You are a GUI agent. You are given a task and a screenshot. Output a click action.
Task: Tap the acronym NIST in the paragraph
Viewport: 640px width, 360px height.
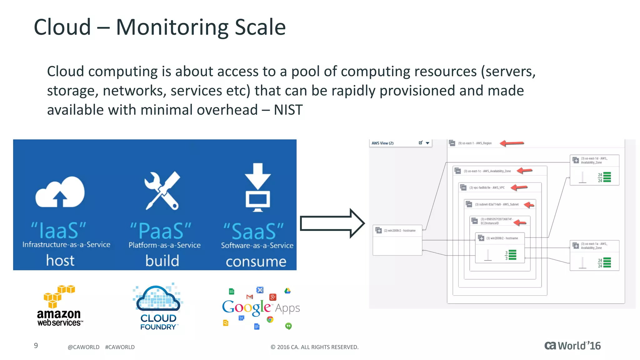coord(288,110)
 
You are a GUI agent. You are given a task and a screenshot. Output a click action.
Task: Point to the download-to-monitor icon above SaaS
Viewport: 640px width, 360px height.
coord(257,187)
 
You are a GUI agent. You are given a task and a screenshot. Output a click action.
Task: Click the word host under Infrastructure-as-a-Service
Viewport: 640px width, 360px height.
coord(60,261)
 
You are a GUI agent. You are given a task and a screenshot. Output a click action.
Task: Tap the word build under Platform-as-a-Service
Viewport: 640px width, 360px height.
coord(162,261)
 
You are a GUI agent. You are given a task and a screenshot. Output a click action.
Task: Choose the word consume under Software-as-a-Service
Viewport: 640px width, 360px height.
coord(256,262)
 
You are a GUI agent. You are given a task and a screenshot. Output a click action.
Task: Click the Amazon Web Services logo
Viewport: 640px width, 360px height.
coord(59,306)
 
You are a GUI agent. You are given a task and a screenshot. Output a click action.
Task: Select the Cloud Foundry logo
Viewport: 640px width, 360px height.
coord(158,307)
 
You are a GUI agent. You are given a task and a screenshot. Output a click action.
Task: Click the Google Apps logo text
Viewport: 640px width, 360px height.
coord(260,308)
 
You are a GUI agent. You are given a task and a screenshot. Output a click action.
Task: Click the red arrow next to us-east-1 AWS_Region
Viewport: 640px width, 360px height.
coord(512,143)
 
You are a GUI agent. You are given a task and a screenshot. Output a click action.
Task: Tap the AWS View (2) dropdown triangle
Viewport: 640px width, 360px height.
coord(427,143)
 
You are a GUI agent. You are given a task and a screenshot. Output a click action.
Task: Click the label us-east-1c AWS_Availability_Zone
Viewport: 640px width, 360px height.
coord(487,171)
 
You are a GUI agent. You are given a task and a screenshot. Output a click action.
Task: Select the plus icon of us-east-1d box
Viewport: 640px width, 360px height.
coord(576,160)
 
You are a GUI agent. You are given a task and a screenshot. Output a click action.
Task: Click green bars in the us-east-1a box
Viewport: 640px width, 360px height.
coord(607,262)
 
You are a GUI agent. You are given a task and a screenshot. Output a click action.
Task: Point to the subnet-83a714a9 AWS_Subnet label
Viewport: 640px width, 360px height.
coord(497,204)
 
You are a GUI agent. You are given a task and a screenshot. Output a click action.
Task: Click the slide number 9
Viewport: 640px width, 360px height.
coord(36,346)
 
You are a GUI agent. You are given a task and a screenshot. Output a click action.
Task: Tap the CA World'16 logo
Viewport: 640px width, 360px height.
coord(572,346)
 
